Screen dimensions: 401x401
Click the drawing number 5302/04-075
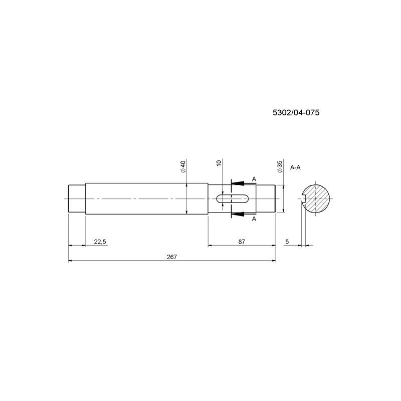click(x=296, y=112)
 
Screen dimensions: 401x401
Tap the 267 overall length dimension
click(x=172, y=257)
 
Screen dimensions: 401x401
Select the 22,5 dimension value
click(x=100, y=242)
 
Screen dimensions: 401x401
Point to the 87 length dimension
click(x=242, y=242)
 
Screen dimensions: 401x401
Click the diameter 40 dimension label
click(x=183, y=167)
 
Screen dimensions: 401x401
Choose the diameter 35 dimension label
click(x=280, y=167)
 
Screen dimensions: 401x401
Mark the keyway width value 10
click(x=219, y=163)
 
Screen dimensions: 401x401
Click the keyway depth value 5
click(x=287, y=242)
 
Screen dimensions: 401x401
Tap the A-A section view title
click(x=295, y=167)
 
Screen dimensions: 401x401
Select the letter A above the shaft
click(x=254, y=179)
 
